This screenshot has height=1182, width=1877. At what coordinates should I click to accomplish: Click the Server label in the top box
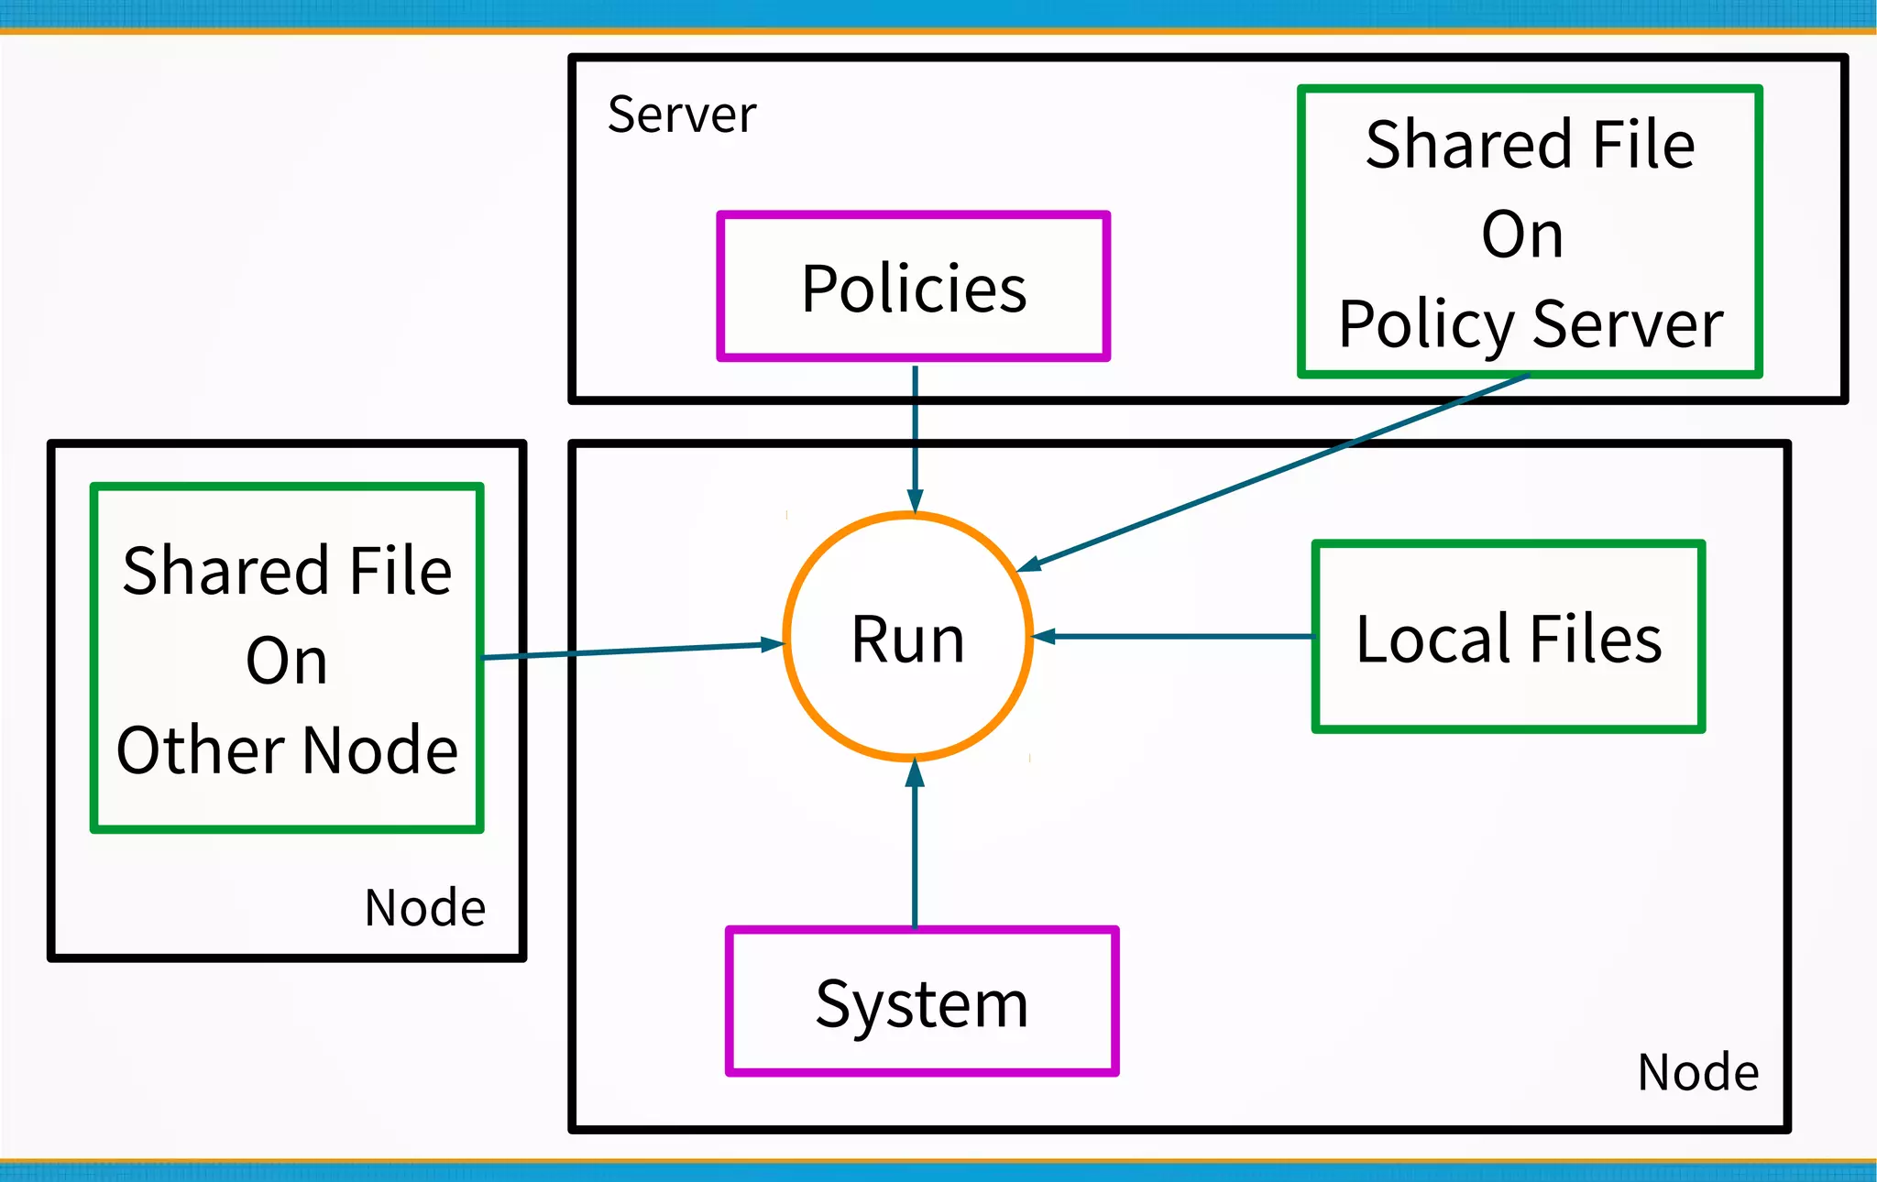(x=682, y=115)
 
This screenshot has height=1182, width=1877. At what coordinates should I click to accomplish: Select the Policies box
(x=913, y=288)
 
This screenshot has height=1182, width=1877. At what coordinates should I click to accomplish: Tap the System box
(x=921, y=1002)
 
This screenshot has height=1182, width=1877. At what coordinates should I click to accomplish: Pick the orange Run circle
(x=907, y=638)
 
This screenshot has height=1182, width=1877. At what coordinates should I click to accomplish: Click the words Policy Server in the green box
(x=1531, y=323)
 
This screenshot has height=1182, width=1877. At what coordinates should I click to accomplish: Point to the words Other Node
(x=287, y=750)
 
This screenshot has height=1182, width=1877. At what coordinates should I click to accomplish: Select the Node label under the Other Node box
(x=424, y=908)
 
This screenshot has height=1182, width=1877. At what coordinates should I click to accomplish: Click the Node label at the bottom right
(x=1697, y=1072)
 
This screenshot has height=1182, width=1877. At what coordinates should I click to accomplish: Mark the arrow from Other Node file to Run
(x=632, y=651)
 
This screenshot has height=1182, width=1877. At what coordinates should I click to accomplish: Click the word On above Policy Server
(x=1521, y=235)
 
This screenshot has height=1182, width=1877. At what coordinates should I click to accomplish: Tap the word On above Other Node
(x=286, y=661)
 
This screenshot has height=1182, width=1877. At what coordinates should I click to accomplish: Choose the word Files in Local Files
(x=1595, y=639)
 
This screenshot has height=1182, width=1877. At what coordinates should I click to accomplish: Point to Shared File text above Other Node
(x=287, y=571)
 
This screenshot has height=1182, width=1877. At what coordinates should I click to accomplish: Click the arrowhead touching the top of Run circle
(x=915, y=500)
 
